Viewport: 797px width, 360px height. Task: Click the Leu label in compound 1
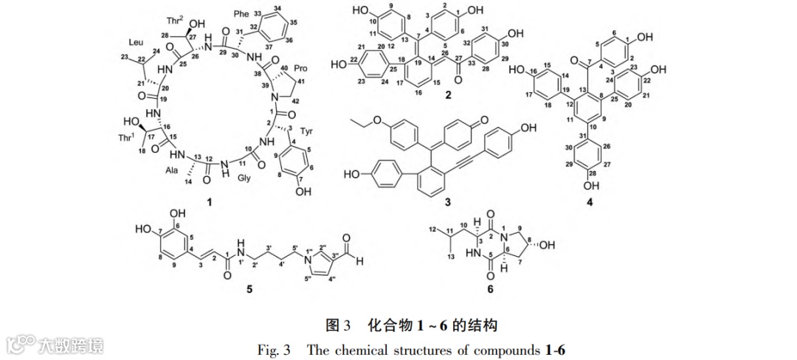[x=138, y=42]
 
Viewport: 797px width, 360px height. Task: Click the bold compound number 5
[x=249, y=289]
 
